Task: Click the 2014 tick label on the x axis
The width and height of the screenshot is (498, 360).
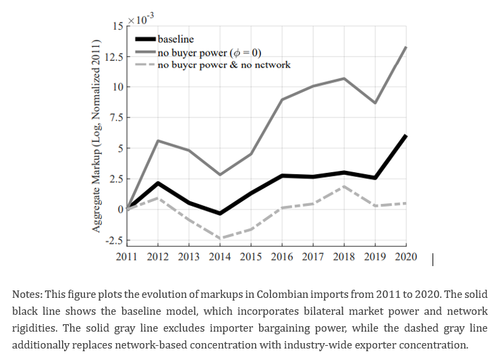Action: click(220, 257)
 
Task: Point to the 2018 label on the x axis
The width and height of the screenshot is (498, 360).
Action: click(344, 257)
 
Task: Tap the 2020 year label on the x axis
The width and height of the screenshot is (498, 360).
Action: click(405, 257)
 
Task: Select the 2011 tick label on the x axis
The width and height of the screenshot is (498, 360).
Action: click(127, 257)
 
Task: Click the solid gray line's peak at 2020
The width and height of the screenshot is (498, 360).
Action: click(406, 47)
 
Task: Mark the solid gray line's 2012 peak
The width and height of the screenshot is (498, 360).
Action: click(158, 140)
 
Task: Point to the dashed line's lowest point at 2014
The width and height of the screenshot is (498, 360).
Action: click(220, 238)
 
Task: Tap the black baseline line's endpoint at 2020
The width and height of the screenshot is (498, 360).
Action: click(406, 136)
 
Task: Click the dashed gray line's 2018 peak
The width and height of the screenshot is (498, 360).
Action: click(344, 186)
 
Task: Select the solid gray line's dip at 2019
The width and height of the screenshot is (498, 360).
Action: click(375, 103)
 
